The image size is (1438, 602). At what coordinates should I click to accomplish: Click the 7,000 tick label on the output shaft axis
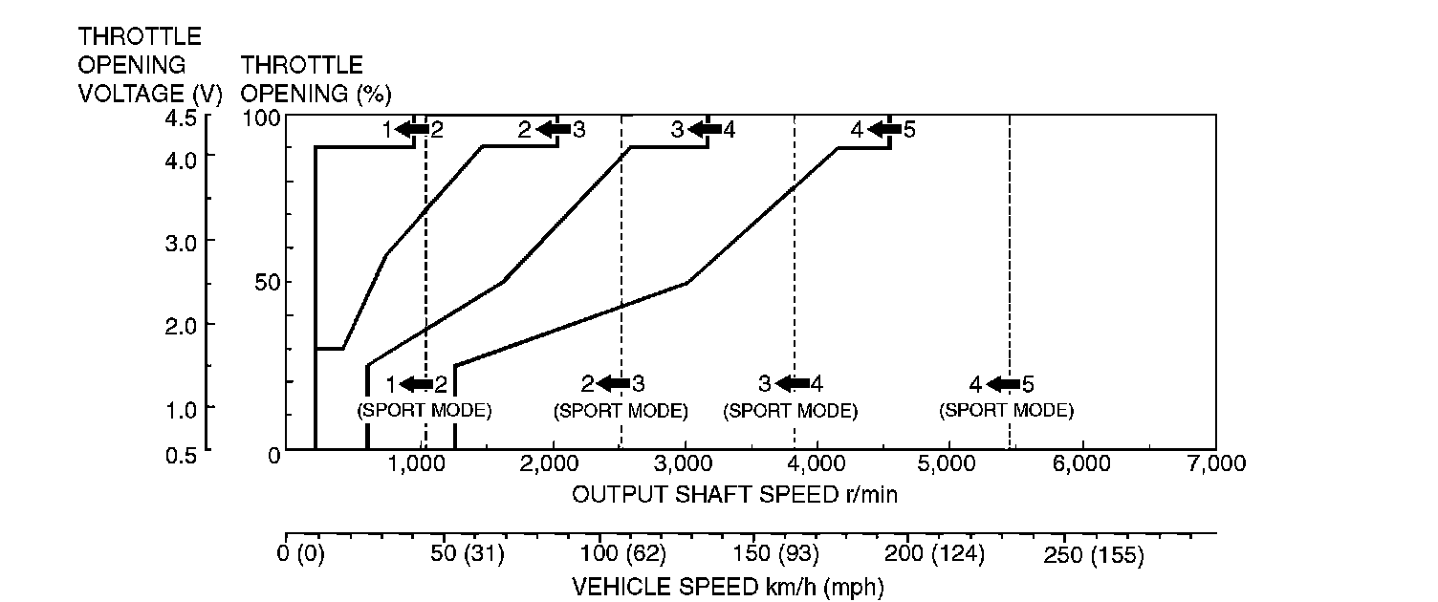pyautogui.click(x=1216, y=463)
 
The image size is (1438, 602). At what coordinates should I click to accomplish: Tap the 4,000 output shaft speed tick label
pyautogui.click(x=818, y=463)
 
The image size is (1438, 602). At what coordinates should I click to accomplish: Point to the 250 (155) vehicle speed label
pyautogui.click(x=1091, y=556)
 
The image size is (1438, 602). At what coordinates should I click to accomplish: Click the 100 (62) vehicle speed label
pyautogui.click(x=621, y=556)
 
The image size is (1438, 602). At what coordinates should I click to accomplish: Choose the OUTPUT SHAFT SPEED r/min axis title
pyautogui.click(x=734, y=495)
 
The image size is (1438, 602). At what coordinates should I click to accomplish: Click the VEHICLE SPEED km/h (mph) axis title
pyautogui.click(x=727, y=586)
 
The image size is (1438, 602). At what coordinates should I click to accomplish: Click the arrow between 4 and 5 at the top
pyautogui.click(x=884, y=129)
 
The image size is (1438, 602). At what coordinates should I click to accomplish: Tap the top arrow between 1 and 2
pyautogui.click(x=412, y=129)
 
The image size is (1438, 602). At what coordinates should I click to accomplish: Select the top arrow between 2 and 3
pyautogui.click(x=554, y=129)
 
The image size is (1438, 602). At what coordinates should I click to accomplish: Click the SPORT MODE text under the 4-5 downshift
pyautogui.click(x=1006, y=411)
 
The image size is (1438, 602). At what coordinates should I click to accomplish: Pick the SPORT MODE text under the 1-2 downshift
pyautogui.click(x=424, y=411)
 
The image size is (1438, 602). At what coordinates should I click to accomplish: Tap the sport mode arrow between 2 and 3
pyautogui.click(x=614, y=384)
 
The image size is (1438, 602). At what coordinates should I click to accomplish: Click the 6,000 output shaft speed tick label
pyautogui.click(x=1081, y=463)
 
